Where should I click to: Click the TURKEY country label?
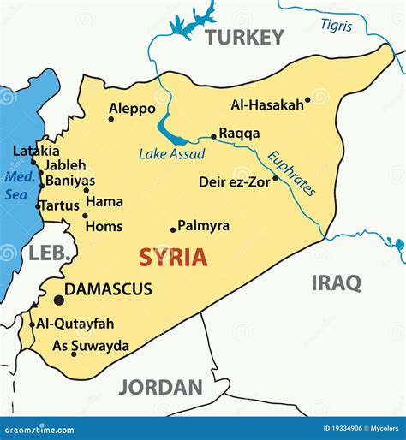click(x=243, y=37)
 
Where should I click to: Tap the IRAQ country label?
click(x=335, y=283)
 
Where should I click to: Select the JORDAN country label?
click(x=160, y=387)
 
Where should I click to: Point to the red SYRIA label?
click(x=173, y=256)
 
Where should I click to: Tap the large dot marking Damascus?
click(x=58, y=300)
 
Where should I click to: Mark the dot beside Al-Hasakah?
click(x=307, y=100)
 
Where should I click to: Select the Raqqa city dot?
click(x=213, y=136)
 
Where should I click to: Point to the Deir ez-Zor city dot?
click(x=275, y=179)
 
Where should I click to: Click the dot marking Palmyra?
click(x=172, y=229)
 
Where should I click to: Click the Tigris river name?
click(x=337, y=25)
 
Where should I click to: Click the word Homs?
click(x=104, y=227)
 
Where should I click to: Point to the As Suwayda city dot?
click(x=74, y=354)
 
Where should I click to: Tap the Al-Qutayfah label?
click(x=76, y=324)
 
